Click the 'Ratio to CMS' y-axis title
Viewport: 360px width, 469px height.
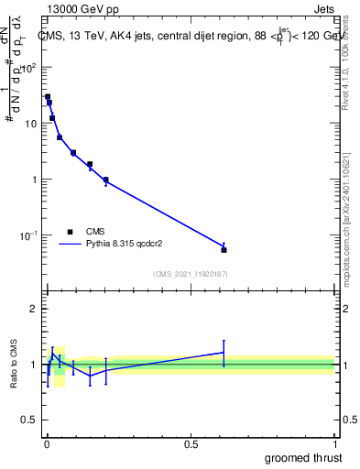(x=14, y=365)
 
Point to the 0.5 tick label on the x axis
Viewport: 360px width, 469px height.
(x=191, y=444)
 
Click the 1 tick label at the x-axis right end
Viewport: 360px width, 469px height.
(x=335, y=444)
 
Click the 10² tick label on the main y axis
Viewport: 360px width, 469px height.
(x=30, y=67)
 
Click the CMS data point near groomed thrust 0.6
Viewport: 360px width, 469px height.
(x=224, y=249)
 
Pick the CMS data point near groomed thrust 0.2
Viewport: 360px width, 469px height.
(x=106, y=180)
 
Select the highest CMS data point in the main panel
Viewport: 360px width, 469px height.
(x=48, y=96)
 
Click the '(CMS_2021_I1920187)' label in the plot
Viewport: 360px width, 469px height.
(x=190, y=274)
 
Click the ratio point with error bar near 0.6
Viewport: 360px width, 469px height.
(x=224, y=352)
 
